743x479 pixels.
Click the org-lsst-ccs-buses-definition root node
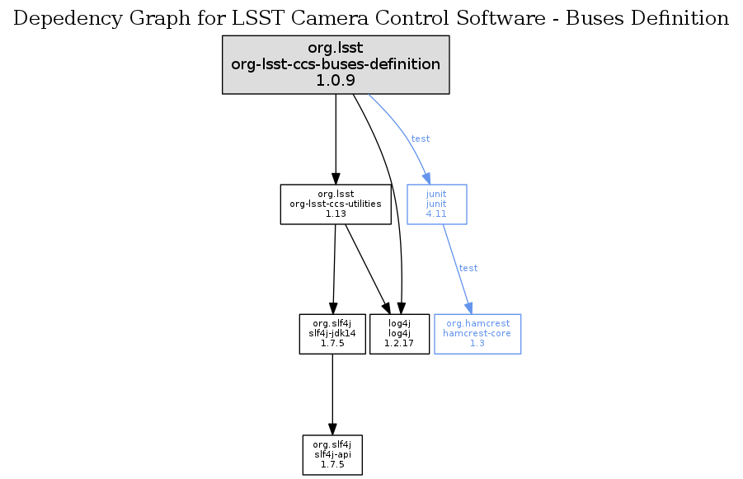(336, 64)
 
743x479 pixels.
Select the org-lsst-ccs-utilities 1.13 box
(335, 204)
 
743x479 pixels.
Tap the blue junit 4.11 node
(436, 204)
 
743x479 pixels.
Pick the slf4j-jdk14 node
(332, 333)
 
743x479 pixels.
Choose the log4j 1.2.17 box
(400, 333)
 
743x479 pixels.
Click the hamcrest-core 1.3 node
(477, 333)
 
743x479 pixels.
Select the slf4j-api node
(332, 455)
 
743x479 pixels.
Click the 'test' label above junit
(420, 139)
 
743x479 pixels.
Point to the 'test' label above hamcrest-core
(468, 268)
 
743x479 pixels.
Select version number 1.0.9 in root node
(336, 81)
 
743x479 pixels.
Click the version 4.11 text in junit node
(436, 214)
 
